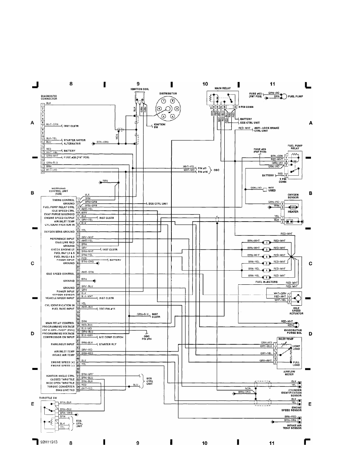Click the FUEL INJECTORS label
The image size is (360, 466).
click(266, 282)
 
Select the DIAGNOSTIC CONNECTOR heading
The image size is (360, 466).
click(49, 97)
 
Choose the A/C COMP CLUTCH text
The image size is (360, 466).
click(111, 337)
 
